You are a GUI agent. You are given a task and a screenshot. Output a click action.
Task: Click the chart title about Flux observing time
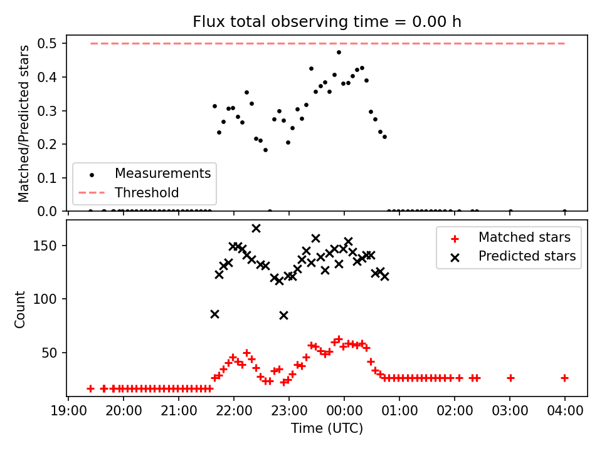point(327,22)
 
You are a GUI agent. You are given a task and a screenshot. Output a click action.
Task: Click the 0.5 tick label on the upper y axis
point(47,43)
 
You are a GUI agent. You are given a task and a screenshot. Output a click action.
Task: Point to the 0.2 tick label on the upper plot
point(47,144)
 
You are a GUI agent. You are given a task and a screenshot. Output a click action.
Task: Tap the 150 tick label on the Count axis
point(45,246)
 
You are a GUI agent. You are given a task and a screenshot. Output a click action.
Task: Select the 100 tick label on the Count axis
point(45,299)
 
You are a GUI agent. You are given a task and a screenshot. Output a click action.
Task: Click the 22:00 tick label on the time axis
point(234,410)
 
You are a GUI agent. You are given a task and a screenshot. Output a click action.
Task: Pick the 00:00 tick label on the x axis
point(344,410)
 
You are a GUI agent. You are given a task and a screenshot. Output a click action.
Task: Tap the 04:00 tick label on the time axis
point(565,410)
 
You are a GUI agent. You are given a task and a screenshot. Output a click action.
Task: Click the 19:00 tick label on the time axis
point(68,410)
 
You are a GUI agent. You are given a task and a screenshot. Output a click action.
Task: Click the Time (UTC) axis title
point(327,428)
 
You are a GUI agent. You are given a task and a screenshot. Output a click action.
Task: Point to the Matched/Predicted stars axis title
point(23,123)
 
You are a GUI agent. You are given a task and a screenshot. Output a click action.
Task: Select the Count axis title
point(19,309)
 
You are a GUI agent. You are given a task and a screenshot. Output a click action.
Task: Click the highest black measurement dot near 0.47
point(339,52)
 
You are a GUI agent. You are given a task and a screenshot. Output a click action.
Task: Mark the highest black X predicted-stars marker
point(256,229)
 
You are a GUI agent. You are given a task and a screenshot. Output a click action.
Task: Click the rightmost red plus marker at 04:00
point(564,378)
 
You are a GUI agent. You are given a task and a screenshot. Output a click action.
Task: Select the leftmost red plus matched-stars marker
point(90,389)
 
